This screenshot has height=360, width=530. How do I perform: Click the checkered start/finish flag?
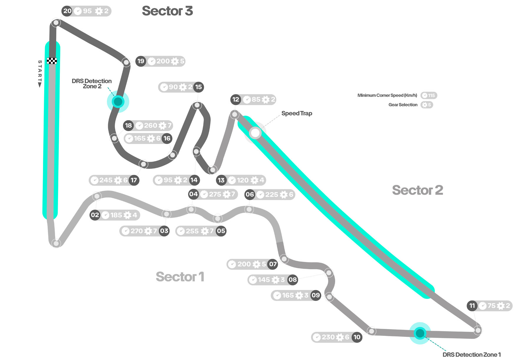click(x=52, y=61)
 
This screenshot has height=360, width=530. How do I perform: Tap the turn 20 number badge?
click(x=67, y=11)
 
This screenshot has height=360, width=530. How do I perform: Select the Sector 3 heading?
click(x=167, y=11)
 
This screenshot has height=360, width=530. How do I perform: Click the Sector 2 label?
click(x=417, y=190)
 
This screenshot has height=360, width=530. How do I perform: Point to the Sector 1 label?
click(x=180, y=277)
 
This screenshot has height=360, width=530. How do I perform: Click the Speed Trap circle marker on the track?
click(x=255, y=133)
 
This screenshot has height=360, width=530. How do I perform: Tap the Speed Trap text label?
click(x=297, y=113)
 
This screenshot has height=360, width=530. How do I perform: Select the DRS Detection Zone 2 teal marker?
click(x=118, y=102)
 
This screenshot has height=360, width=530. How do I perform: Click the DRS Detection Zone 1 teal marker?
click(x=420, y=333)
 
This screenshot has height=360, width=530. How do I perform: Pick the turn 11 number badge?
click(x=472, y=306)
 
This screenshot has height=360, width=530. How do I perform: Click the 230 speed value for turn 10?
click(x=328, y=337)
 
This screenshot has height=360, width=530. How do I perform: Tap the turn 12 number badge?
click(x=236, y=100)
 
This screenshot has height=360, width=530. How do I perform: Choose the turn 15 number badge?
click(x=198, y=87)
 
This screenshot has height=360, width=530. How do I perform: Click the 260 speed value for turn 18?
click(x=150, y=125)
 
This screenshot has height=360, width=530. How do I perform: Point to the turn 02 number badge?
click(x=95, y=215)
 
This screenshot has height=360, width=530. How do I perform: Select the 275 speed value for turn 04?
click(x=215, y=194)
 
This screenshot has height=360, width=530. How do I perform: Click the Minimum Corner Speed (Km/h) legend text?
click(x=387, y=95)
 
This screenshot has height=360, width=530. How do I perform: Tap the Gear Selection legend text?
click(x=403, y=105)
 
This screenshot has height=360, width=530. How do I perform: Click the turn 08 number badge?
click(x=292, y=280)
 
